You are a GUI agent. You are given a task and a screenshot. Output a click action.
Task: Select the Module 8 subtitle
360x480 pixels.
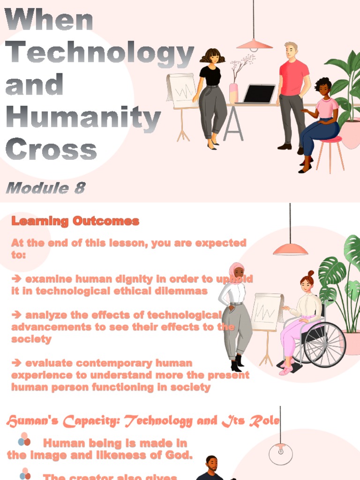coord(45,188)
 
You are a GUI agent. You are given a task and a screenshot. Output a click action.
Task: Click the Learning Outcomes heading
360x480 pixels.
coord(75,221)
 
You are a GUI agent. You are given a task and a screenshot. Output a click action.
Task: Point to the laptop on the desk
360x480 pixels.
coord(259,93)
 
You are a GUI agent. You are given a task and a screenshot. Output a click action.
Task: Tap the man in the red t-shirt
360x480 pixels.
coord(293,94)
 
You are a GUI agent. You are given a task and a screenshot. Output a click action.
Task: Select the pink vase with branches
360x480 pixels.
coord(233,92)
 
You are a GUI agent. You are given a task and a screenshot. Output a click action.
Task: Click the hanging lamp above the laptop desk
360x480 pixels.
coord(255,44)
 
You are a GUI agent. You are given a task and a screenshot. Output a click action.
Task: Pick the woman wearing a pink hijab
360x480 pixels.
coord(236,314)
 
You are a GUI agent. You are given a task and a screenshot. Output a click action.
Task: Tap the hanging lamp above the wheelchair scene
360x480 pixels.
coord(290,248)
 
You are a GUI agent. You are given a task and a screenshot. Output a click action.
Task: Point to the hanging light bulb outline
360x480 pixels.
coord(280,453)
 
